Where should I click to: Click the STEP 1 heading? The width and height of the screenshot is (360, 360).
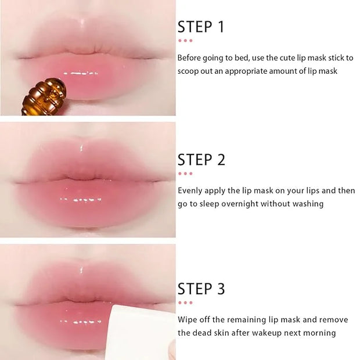click(201, 27)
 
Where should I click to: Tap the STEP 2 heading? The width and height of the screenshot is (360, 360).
click(201, 160)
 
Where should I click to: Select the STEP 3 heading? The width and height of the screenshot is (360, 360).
click(201, 289)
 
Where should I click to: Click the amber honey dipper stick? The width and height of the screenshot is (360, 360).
click(45, 96)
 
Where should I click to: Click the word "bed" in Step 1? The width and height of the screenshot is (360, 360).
click(242, 57)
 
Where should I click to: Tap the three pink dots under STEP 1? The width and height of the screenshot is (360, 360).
click(185, 41)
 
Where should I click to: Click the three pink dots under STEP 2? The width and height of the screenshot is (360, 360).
click(185, 174)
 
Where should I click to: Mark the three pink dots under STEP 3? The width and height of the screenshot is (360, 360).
click(185, 303)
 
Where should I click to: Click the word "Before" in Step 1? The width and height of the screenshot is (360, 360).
click(189, 57)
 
